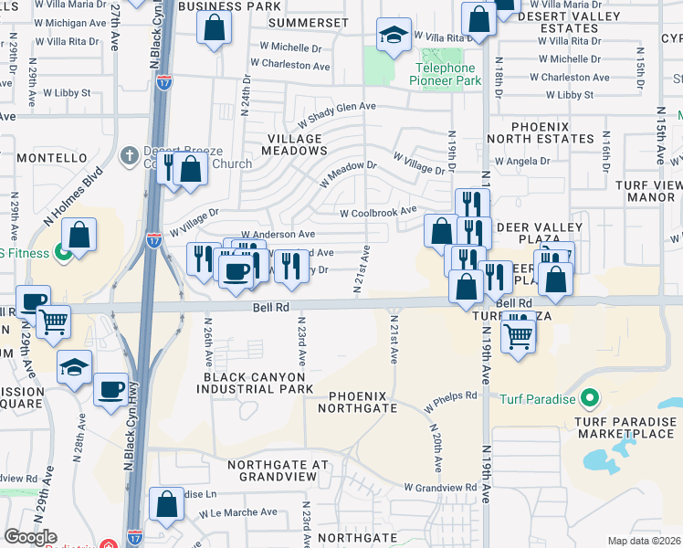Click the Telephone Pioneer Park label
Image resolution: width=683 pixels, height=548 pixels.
447,75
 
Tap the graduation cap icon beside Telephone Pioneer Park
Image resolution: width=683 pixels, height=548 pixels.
394,37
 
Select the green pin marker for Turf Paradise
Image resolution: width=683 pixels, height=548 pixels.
589,398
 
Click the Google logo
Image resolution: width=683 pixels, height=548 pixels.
30,537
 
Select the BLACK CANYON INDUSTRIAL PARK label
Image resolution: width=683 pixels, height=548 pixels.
252,383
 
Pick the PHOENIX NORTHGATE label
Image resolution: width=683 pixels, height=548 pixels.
358,402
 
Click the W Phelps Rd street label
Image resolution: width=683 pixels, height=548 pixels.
451,395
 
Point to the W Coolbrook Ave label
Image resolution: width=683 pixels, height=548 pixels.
377,213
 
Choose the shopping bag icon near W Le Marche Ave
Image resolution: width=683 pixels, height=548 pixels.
166,505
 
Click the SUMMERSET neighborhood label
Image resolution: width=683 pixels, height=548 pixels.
316,21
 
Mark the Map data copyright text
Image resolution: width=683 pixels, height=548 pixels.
643,541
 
